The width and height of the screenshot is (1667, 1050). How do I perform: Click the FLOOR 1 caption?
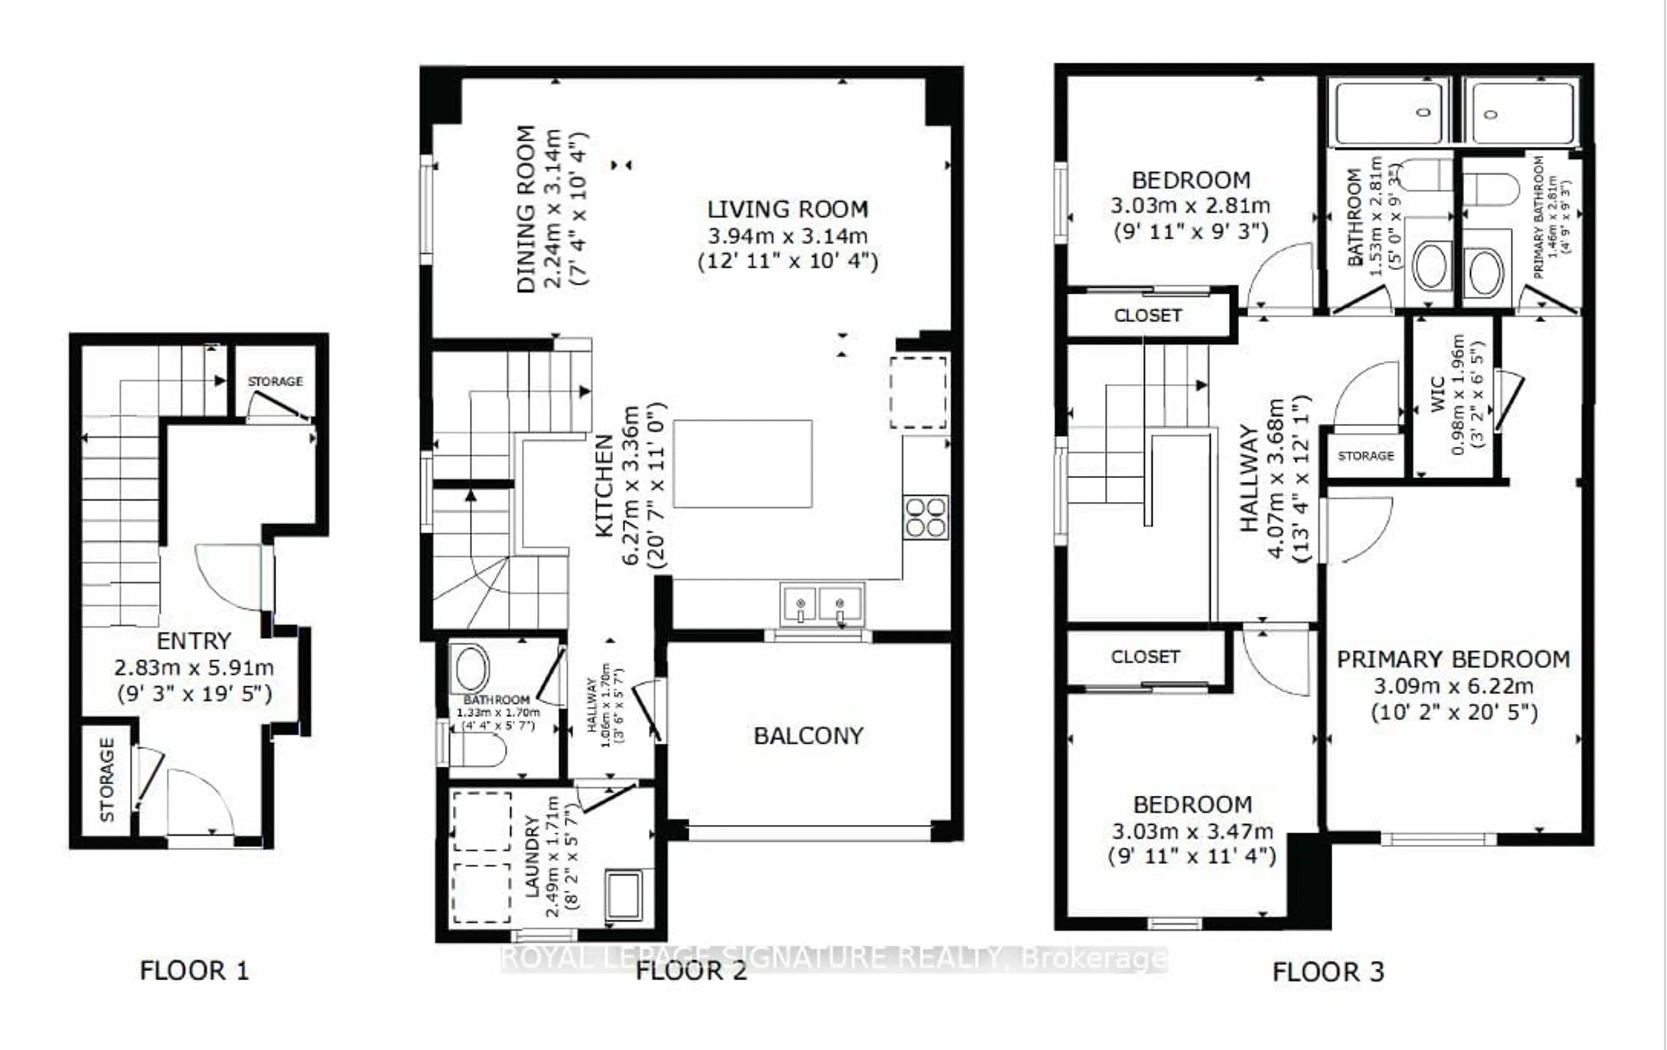point(194,971)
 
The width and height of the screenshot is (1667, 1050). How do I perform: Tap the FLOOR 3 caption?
point(1328,972)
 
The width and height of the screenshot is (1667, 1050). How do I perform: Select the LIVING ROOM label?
point(787,209)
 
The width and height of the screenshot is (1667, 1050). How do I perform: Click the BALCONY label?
point(808,736)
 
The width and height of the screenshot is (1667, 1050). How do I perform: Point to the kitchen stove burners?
point(926,517)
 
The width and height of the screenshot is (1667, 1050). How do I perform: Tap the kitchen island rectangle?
point(742,463)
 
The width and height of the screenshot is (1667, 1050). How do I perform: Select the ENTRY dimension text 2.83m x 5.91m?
point(194,668)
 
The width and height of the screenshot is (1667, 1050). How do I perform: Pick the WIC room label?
point(1437,395)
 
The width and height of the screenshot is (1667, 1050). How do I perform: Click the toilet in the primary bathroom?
point(1490,189)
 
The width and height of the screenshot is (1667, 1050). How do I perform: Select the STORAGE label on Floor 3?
point(1365,455)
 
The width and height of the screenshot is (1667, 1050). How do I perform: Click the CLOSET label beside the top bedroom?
point(1147,316)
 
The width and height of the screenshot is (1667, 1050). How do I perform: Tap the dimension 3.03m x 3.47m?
point(1192,831)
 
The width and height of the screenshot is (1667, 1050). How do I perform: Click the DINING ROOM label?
point(526,209)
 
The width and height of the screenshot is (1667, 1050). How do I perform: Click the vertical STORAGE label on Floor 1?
point(107,780)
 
